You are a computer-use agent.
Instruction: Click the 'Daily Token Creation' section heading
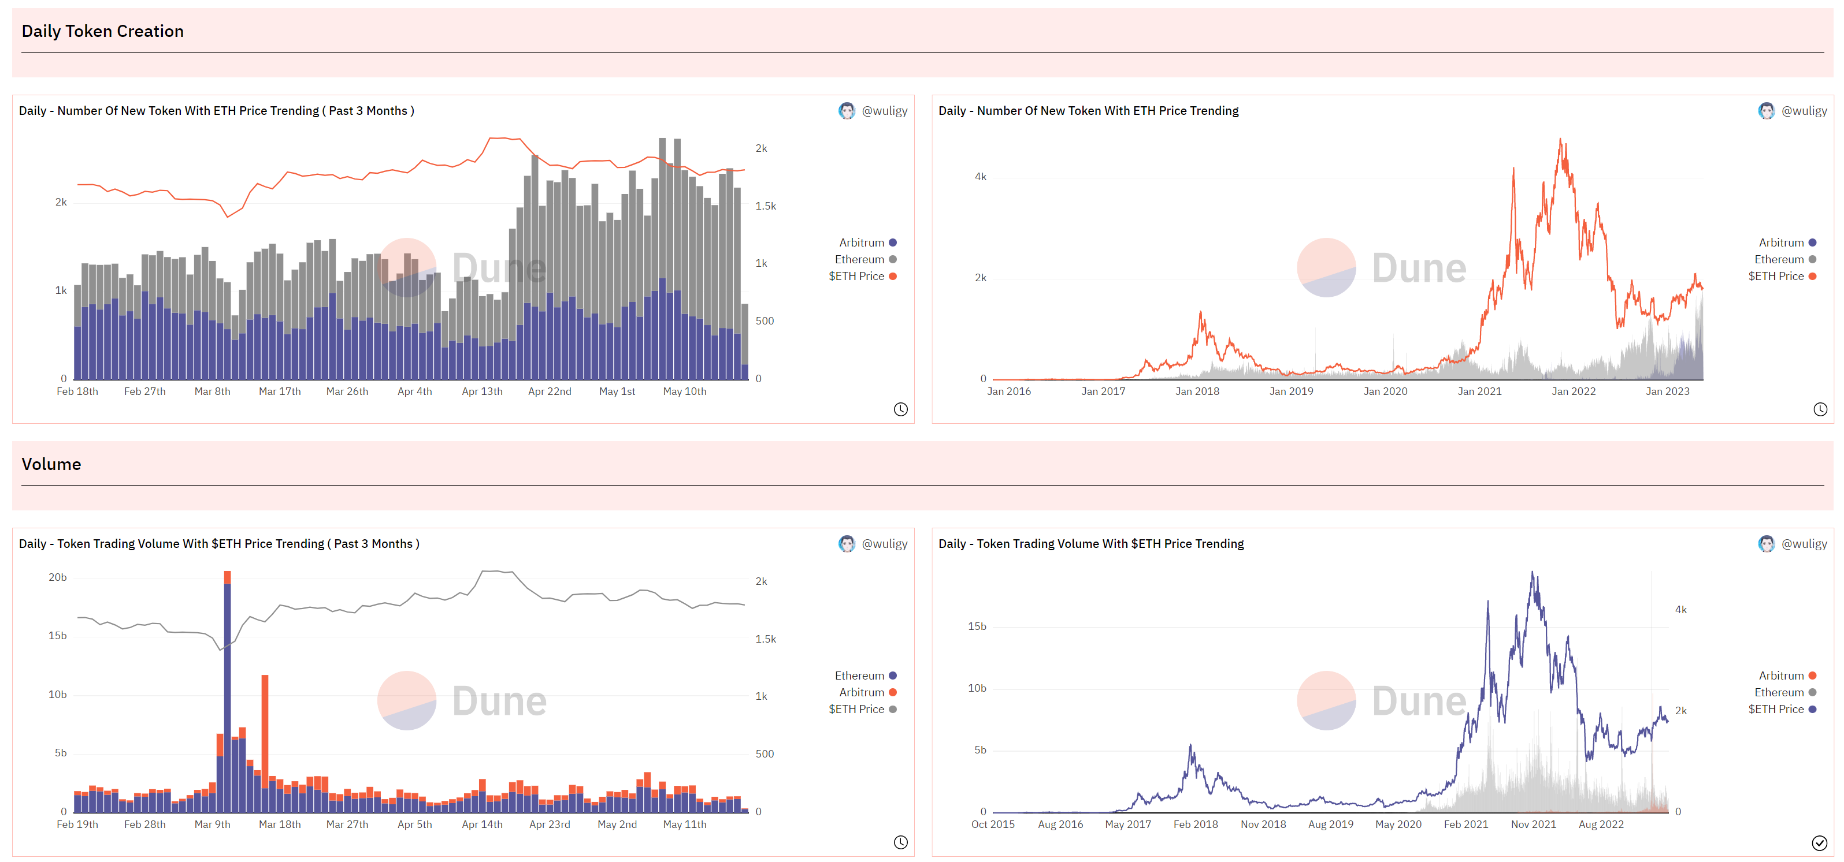102,32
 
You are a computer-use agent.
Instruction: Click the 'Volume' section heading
51,464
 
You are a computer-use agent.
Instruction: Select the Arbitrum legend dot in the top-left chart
893,242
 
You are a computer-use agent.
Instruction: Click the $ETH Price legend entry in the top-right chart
1782,276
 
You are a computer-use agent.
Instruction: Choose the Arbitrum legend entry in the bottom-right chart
1787,676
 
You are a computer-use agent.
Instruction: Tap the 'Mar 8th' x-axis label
213,391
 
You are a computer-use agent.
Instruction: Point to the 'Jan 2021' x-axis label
1479,391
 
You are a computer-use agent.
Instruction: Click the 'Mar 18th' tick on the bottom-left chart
280,824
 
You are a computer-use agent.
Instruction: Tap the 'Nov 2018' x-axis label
1263,824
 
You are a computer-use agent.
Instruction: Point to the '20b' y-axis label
57,577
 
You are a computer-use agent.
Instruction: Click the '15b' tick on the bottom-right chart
977,626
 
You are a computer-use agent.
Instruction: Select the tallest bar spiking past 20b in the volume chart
228,692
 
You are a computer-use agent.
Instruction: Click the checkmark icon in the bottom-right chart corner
1819,843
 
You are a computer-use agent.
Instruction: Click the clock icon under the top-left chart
900,409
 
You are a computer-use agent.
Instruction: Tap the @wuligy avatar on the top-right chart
1766,111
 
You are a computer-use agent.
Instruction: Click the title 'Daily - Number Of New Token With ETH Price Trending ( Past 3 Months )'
217,111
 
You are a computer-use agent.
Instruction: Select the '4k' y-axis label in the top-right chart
981,177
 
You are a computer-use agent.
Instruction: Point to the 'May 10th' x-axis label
685,391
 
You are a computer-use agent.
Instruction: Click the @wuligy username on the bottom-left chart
885,544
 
